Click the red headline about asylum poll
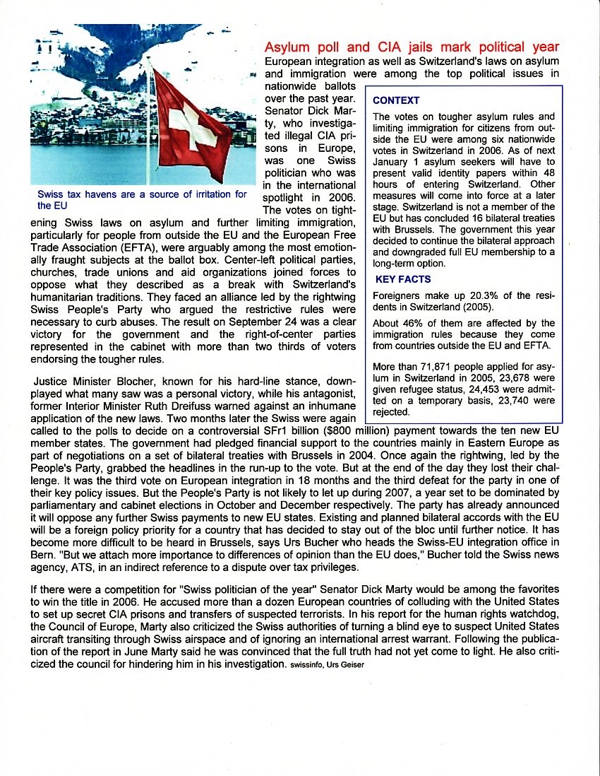tap(412, 47)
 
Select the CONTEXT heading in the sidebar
tap(396, 100)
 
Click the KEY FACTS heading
tap(403, 279)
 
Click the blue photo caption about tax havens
tap(142, 199)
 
